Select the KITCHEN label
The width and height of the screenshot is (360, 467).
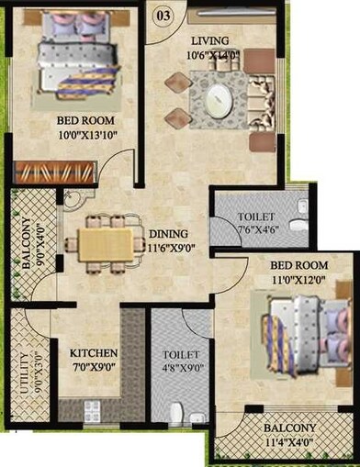pos(95,353)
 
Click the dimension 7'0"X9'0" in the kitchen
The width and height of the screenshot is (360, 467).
pos(95,367)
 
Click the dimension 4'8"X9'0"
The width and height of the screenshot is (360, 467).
pos(179,367)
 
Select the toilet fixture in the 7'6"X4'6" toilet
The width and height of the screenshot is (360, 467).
pos(297,224)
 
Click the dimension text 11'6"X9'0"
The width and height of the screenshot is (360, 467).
pos(170,247)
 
